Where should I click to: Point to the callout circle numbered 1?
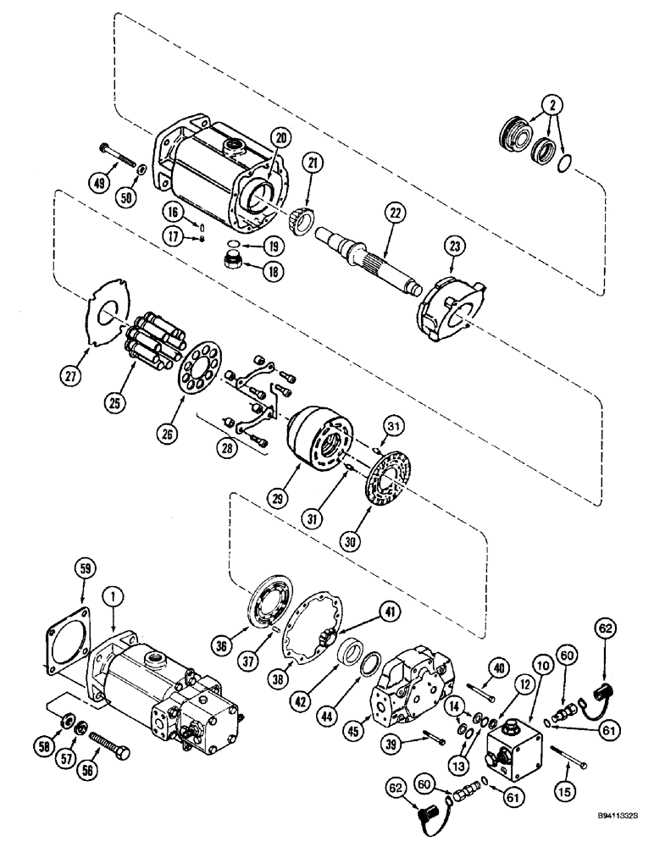click(x=109, y=596)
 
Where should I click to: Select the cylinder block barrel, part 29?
click(x=320, y=440)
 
